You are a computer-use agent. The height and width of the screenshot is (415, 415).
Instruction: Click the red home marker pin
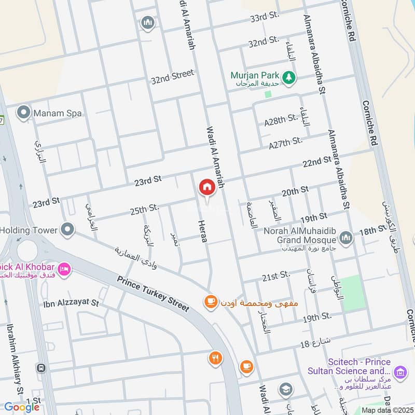click(207, 188)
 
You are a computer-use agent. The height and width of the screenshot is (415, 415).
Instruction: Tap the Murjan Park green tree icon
click(289, 77)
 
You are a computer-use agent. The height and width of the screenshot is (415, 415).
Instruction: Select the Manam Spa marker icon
click(23, 113)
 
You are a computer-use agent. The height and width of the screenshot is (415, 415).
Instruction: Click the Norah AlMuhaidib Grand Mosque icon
click(346, 238)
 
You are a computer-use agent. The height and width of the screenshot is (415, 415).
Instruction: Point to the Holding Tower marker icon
click(67, 229)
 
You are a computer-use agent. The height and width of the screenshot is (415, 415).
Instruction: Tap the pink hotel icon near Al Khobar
click(64, 269)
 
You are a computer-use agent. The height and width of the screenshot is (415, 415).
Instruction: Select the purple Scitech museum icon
click(399, 371)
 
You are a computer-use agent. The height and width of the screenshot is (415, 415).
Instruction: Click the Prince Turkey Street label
click(153, 294)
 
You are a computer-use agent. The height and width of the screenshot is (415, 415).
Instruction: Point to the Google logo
click(22, 407)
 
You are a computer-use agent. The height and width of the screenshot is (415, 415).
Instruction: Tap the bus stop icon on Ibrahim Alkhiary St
click(41, 368)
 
